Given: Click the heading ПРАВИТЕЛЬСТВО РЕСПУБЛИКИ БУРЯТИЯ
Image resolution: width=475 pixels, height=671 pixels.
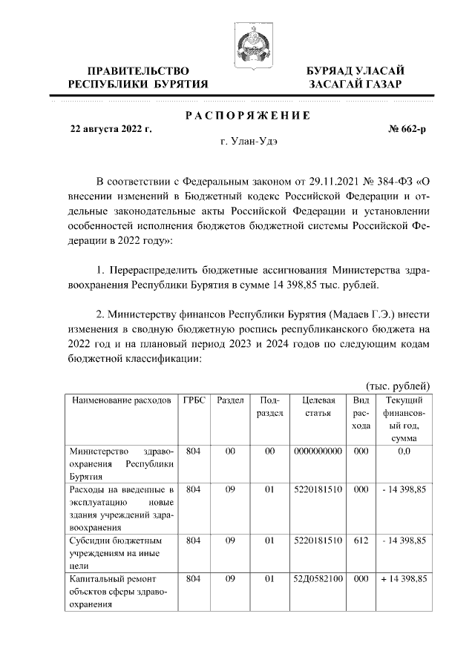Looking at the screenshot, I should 137,77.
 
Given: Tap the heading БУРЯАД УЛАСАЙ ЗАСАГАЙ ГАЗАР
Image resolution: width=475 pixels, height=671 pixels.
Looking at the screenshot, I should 356,77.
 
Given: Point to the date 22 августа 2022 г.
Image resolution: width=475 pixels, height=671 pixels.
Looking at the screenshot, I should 111,128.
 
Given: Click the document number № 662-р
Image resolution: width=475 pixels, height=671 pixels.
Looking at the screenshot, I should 407,128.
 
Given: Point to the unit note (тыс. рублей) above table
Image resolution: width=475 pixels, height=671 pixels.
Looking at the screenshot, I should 399,386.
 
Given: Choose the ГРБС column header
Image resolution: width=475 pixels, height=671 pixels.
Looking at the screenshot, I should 194,401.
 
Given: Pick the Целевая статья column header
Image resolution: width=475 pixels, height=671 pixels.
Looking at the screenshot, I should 318,407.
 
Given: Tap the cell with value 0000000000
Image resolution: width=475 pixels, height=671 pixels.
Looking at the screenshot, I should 318,452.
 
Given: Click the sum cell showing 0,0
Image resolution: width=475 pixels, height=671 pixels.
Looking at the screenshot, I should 404,452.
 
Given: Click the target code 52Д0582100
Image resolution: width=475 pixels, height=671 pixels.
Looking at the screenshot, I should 318,578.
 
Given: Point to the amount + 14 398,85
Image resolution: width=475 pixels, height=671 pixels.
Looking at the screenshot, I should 404,578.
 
